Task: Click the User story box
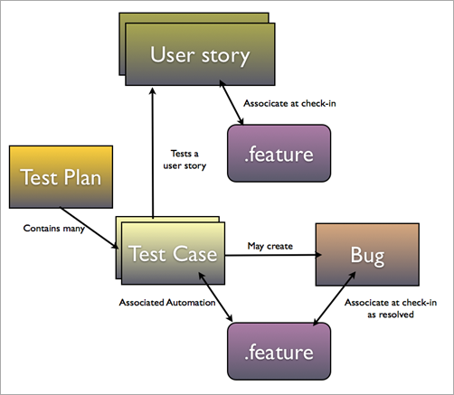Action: point(199,56)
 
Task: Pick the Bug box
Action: point(366,256)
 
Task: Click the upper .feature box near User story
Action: point(278,155)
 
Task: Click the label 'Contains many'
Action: point(53,229)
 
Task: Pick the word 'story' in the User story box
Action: point(224,56)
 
